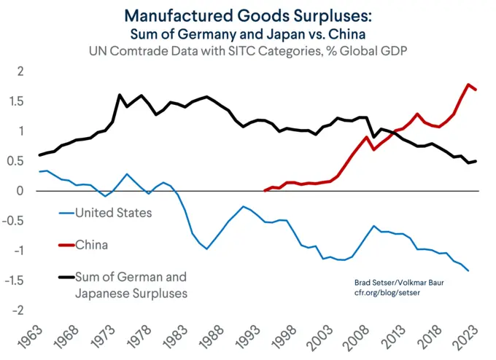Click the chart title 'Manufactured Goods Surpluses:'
(247, 15)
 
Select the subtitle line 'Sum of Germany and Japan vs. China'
(247, 34)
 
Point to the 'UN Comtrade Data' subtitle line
(247, 52)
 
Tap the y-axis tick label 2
(20, 71)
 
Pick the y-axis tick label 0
(20, 191)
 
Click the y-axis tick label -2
(18, 310)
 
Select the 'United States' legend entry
(114, 213)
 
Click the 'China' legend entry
(91, 245)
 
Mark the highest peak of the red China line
(468, 85)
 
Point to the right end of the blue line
(468, 271)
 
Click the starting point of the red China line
(264, 190)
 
